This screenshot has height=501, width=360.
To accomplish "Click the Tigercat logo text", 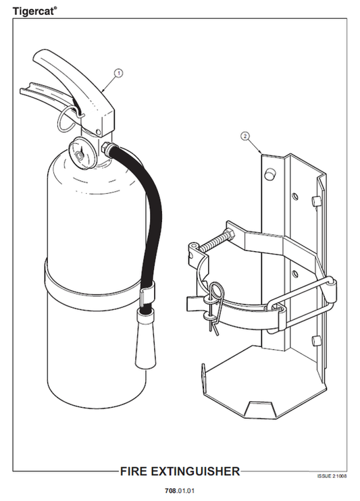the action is (35, 11).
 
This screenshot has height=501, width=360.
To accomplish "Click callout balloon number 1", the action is (119, 73).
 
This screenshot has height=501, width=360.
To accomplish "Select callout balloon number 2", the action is (245, 136).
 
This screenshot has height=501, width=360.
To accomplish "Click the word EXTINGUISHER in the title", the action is (195, 471).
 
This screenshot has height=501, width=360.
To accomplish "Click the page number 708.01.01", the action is (180, 490).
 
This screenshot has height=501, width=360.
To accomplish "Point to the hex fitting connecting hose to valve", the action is (107, 147).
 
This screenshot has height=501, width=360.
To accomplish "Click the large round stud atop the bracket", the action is (269, 174).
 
